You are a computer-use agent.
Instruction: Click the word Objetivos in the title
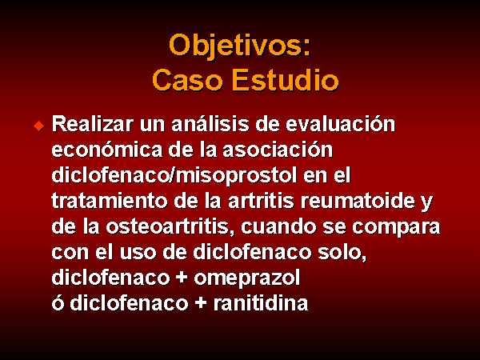237,46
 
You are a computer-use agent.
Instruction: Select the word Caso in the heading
187,80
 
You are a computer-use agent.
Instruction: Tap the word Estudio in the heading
286,80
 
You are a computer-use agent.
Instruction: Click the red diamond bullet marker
39,126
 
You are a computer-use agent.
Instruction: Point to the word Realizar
93,124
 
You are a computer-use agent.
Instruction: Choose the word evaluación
341,124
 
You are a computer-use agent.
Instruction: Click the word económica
107,150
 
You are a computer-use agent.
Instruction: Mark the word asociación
278,150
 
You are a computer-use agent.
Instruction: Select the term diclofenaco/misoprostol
174,176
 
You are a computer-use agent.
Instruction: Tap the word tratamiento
110,201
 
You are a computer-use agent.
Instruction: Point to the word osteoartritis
170,227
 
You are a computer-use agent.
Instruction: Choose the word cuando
278,227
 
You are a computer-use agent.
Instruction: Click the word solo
342,254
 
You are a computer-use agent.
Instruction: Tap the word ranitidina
261,303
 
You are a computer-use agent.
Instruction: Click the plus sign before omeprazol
182,278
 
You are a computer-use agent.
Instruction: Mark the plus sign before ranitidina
201,303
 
